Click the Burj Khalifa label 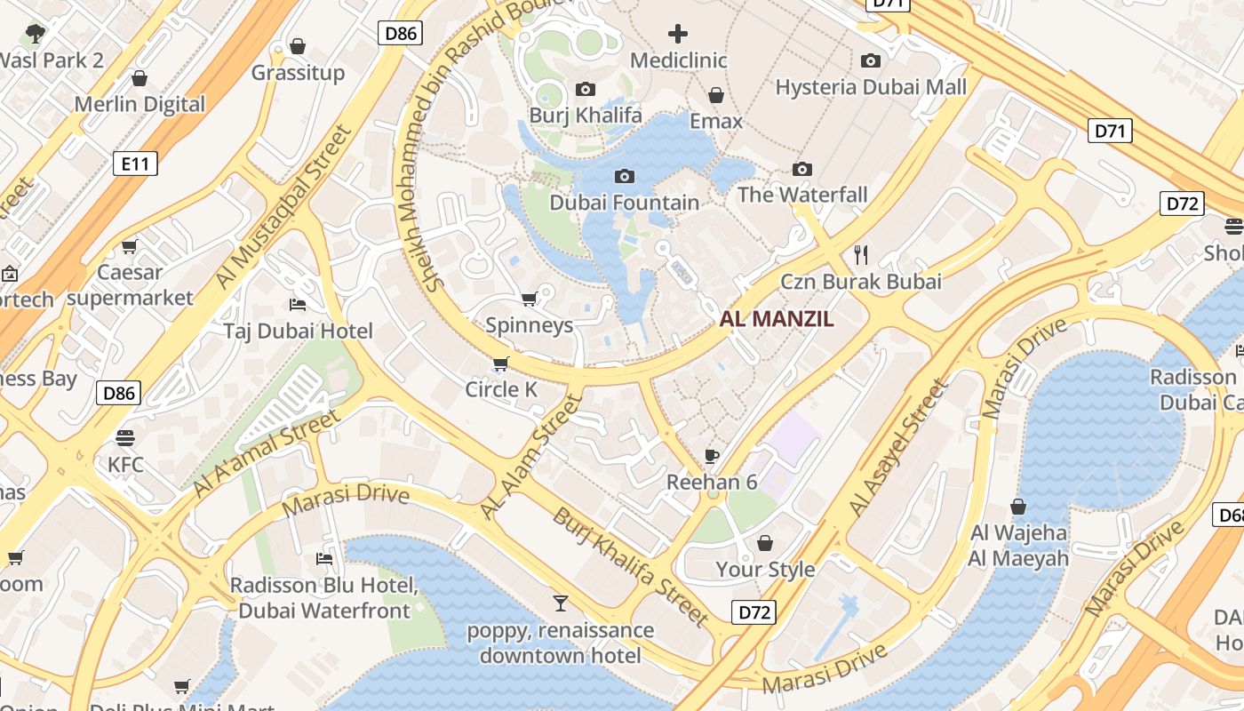(x=585, y=116)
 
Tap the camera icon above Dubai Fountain (x=625, y=176)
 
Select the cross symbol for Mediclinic (x=678, y=35)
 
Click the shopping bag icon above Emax (x=715, y=95)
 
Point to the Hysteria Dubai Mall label (x=870, y=87)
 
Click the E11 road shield (x=135, y=163)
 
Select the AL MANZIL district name (x=777, y=319)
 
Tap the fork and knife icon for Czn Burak (x=860, y=255)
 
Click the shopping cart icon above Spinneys (x=529, y=299)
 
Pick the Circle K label (x=501, y=389)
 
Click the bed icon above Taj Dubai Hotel (x=298, y=305)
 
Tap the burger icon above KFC (x=124, y=437)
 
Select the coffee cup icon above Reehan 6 (x=711, y=456)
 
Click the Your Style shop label (x=765, y=569)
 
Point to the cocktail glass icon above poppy (x=560, y=604)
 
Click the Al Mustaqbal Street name (x=284, y=207)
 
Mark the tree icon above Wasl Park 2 (x=36, y=34)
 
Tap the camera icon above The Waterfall (x=802, y=169)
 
